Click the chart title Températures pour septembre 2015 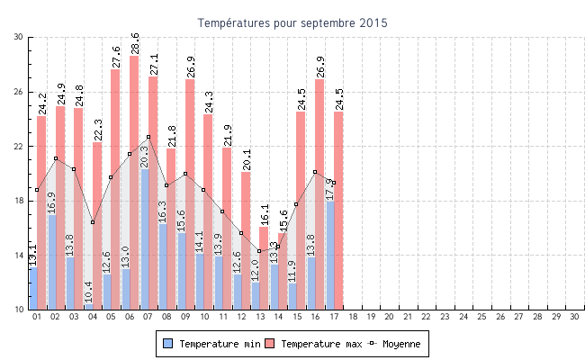292,22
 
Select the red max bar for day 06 134,180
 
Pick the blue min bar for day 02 51,262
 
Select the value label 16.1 265,213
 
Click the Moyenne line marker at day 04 93,222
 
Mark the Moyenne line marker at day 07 148,137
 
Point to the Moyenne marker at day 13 259,251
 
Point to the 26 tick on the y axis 19,92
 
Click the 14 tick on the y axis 19,256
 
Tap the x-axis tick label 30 574,317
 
